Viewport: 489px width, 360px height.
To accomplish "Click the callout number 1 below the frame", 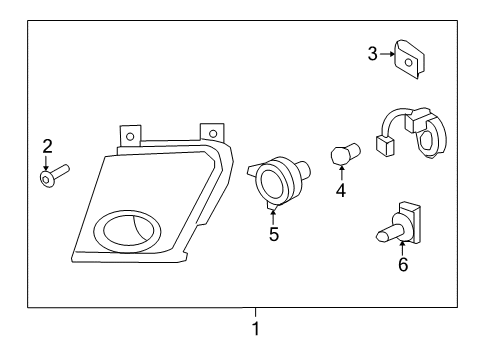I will pyautogui.click(x=256, y=327).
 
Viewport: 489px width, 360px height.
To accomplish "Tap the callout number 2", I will pyautogui.click(x=46, y=147).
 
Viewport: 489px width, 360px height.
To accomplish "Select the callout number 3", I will pyautogui.click(x=371, y=53).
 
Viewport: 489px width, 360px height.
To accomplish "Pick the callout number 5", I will pyautogui.click(x=273, y=235).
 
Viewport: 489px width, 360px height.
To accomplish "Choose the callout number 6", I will pyautogui.click(x=403, y=265).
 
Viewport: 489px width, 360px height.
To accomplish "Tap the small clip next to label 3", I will pyautogui.click(x=406, y=58).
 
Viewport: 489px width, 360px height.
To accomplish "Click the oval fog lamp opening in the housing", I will pyautogui.click(x=122, y=231).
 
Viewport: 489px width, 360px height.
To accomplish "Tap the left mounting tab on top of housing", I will pyautogui.click(x=129, y=135).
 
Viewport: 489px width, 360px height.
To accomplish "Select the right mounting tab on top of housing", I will pyautogui.click(x=211, y=132).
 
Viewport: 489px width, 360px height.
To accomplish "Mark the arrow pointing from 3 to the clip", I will pyautogui.click(x=385, y=54).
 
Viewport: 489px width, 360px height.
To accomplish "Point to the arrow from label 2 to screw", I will pyautogui.click(x=47, y=161).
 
